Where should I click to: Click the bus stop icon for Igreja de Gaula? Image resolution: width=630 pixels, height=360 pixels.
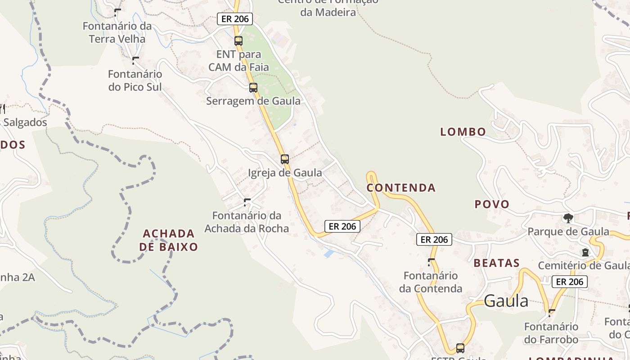(x=284, y=159)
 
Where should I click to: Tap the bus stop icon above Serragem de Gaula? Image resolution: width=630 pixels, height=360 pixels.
(x=253, y=87)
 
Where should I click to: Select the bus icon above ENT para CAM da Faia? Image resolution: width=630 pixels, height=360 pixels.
(x=238, y=40)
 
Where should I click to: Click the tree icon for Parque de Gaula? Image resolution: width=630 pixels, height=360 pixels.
(x=568, y=218)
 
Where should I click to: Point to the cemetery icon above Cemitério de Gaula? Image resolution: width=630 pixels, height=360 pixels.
(x=585, y=252)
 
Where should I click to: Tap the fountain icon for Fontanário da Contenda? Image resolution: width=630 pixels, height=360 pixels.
(x=431, y=262)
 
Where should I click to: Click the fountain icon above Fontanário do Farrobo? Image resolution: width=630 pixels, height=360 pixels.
(x=551, y=312)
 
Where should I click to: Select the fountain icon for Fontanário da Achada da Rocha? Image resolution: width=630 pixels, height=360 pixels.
(x=247, y=202)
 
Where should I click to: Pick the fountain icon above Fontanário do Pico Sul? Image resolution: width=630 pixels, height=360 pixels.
(x=135, y=60)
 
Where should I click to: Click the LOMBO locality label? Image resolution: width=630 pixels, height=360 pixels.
(x=463, y=132)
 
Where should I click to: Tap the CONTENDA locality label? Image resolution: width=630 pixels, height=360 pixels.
(x=401, y=188)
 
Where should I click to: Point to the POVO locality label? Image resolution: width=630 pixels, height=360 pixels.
(x=492, y=204)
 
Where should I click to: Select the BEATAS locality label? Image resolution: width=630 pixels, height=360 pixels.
(x=496, y=263)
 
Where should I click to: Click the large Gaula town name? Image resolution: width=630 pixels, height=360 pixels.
(x=506, y=301)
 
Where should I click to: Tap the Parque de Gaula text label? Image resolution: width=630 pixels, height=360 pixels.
(x=568, y=232)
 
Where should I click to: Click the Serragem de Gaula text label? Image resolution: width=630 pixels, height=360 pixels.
(x=253, y=101)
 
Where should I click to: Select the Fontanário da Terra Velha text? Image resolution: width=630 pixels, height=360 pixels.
(x=117, y=32)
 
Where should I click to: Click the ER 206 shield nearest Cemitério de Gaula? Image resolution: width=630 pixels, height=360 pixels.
(x=569, y=282)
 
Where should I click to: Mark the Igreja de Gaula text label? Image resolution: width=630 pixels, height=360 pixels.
(x=285, y=172)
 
